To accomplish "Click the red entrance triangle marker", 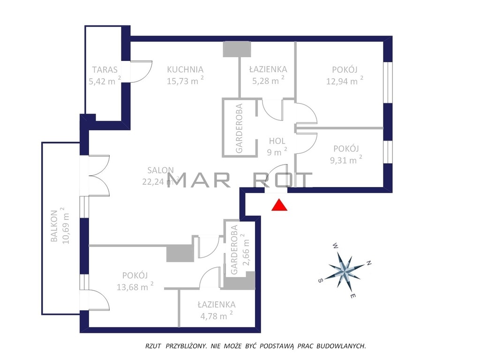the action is point(279,205).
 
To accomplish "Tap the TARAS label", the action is point(105,70).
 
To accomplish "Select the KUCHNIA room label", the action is point(185,69).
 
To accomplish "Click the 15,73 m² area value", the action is point(185,81).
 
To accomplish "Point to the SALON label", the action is point(160,170).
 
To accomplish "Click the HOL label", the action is point(277,141).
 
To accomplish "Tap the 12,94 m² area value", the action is point(345,81).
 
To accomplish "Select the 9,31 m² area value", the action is point(346,159).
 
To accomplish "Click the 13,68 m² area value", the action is point(135,286).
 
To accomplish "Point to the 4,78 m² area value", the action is point(217,315).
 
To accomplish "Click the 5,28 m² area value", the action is point(268,81).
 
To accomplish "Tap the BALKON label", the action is point(54,226).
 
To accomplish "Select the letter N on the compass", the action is point(369,263).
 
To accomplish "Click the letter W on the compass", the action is point(336,246).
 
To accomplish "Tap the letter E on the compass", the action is point(352,296).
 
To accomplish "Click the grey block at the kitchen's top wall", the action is point(237,49).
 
